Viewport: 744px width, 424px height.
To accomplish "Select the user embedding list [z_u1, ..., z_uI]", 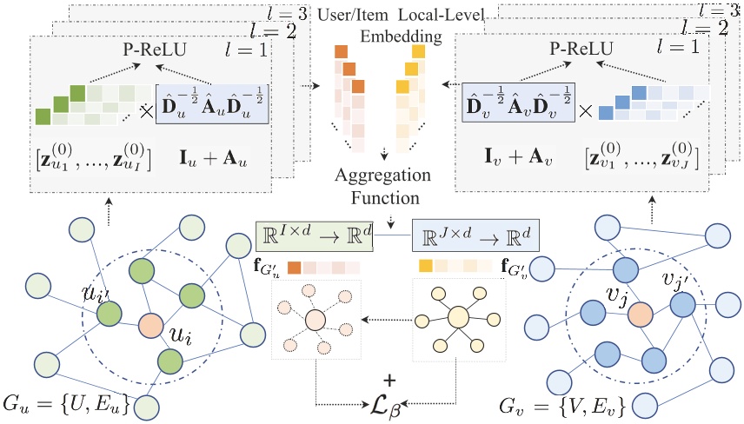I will pos(93,162).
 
